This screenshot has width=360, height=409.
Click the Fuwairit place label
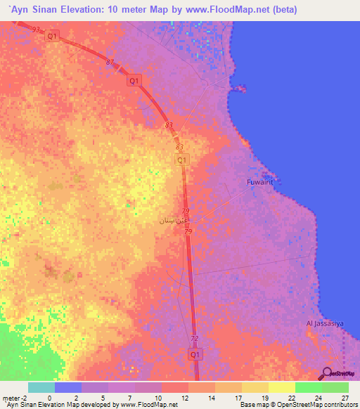[264, 181]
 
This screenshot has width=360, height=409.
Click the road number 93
[36, 29]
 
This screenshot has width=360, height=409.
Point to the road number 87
[110, 63]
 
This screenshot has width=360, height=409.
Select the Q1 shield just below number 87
[134, 81]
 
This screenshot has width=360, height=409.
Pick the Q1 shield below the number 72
[196, 356]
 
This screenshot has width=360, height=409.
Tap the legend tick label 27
[344, 397]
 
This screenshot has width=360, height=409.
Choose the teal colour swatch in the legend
[41, 387]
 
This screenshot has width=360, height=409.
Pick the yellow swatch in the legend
[281, 387]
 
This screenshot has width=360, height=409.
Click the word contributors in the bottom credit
[335, 405]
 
